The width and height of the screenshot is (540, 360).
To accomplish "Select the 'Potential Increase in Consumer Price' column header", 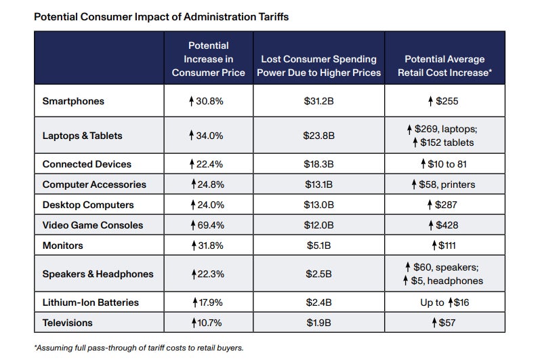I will coord(208,59).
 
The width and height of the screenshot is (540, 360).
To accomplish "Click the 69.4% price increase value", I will coord(208,225).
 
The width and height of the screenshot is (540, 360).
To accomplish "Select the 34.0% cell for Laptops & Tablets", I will coord(208,136).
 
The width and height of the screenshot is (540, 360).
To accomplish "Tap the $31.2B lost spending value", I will coord(318,102).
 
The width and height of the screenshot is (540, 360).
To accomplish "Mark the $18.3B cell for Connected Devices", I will coord(318,164).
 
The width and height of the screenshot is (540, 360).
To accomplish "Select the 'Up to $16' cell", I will coord(444,302).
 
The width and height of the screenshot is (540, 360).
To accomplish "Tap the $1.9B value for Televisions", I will coord(318,322).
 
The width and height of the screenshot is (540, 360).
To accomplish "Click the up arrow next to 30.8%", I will coord(192,102).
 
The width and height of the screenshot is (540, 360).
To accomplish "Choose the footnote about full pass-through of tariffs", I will coord(138,348).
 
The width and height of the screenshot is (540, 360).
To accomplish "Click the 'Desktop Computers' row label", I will coord(88,205).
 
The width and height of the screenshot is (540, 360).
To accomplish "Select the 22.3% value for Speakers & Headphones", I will coord(208,274).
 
